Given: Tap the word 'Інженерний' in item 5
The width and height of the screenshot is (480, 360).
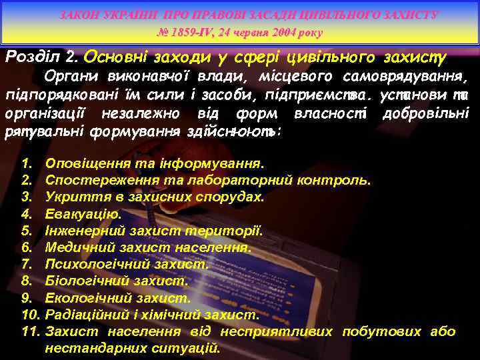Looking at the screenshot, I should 83,231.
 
